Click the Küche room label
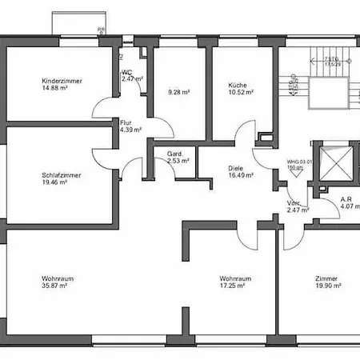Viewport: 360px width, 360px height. point(236,85)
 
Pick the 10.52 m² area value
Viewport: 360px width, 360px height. point(241,92)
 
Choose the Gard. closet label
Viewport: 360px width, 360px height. point(175,154)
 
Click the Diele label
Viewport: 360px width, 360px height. point(235,167)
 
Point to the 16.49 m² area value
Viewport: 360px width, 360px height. point(241,174)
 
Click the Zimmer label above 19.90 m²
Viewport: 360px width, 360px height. point(326,278)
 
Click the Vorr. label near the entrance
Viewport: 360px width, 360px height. point(294,203)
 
